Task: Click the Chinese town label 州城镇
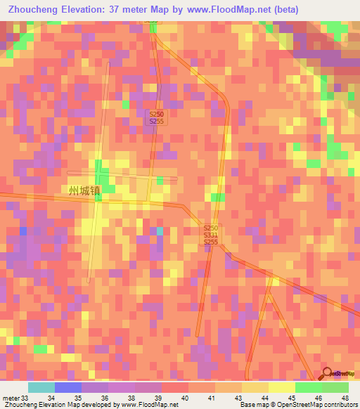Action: pos(84,190)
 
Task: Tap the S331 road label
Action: pos(211,235)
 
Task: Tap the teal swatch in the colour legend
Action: pos(41,387)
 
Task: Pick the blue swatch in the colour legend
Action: pos(67,387)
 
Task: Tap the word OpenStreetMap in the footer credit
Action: pos(300,404)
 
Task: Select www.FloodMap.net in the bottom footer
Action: pos(149,404)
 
